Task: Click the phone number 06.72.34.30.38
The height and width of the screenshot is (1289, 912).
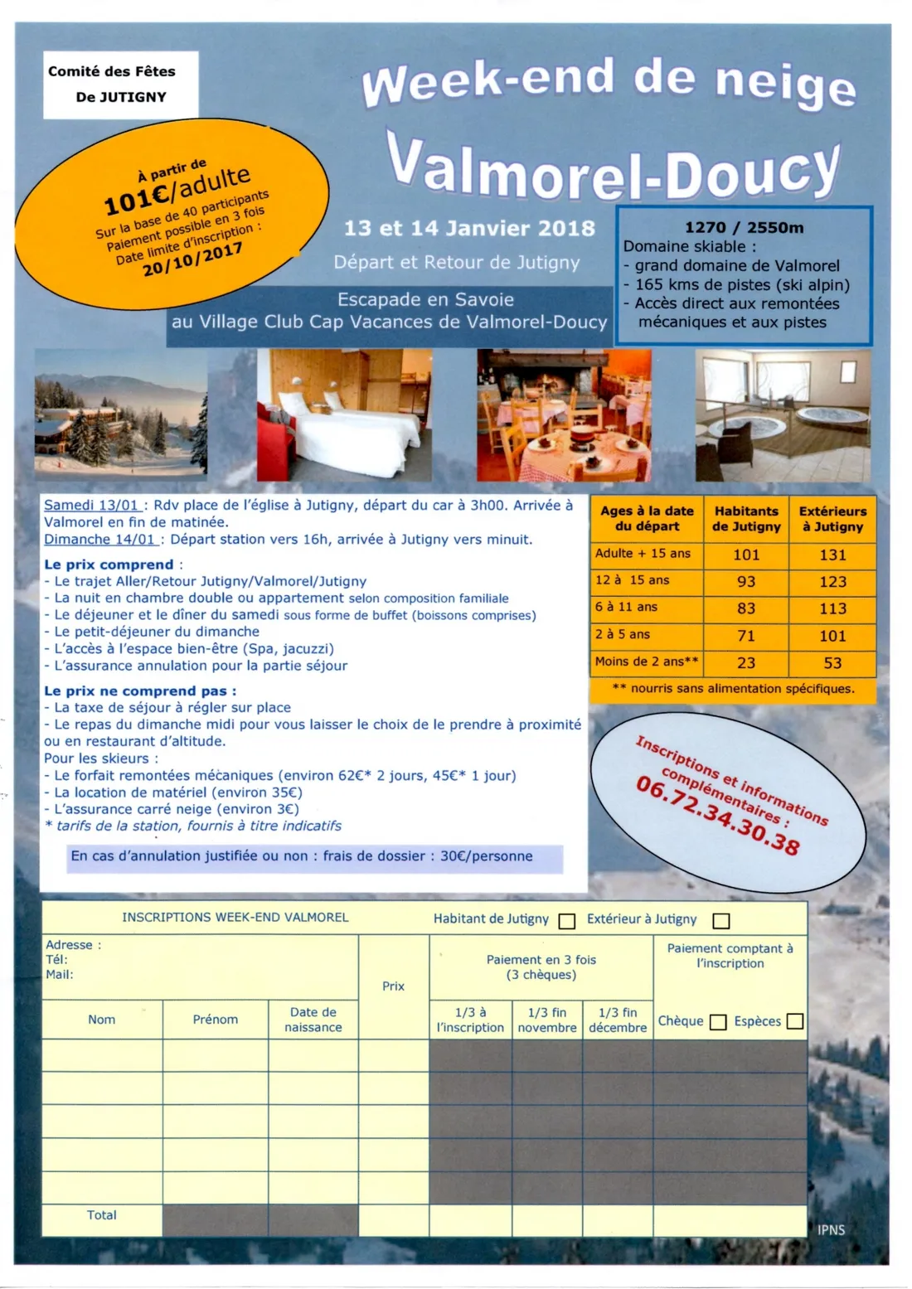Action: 718,816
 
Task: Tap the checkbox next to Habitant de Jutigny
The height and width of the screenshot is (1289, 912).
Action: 567,921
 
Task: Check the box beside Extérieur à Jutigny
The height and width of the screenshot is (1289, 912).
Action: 721,921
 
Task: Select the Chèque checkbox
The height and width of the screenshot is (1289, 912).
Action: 718,1022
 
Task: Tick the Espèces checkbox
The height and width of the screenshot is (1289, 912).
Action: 794,1021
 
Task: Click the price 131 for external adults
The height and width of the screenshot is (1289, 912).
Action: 832,555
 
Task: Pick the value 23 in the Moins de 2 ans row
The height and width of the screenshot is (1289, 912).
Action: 746,663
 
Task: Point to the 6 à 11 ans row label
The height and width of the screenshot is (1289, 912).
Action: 626,607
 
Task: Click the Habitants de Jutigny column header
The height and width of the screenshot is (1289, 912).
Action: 746,519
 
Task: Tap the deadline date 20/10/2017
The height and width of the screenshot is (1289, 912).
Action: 192,259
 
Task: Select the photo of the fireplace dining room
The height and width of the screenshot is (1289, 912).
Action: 564,415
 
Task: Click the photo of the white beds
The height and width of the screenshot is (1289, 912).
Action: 344,415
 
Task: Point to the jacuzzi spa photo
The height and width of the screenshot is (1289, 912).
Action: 783,415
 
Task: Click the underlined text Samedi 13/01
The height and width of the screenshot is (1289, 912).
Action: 92,506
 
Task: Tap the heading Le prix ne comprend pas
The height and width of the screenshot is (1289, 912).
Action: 140,691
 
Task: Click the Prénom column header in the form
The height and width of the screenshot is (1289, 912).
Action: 216,1020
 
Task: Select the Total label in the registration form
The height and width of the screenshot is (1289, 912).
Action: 102,1215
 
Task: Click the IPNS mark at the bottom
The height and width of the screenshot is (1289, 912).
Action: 831,1230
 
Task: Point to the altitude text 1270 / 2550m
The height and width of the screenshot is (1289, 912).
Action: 744,228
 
